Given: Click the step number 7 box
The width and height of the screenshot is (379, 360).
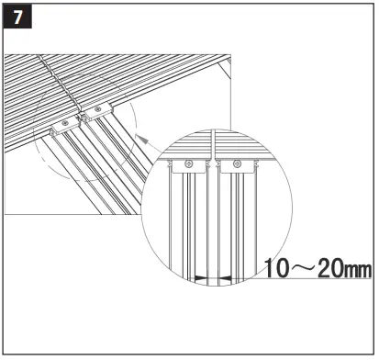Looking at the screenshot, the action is tap(17, 17).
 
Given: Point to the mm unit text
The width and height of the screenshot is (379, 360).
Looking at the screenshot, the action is tap(357, 270).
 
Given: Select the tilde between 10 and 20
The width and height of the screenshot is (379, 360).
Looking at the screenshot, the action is tap(300, 268).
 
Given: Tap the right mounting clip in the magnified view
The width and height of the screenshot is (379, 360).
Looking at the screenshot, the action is tap(235, 165).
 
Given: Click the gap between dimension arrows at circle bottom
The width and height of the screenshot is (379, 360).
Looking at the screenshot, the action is tap(213, 276).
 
